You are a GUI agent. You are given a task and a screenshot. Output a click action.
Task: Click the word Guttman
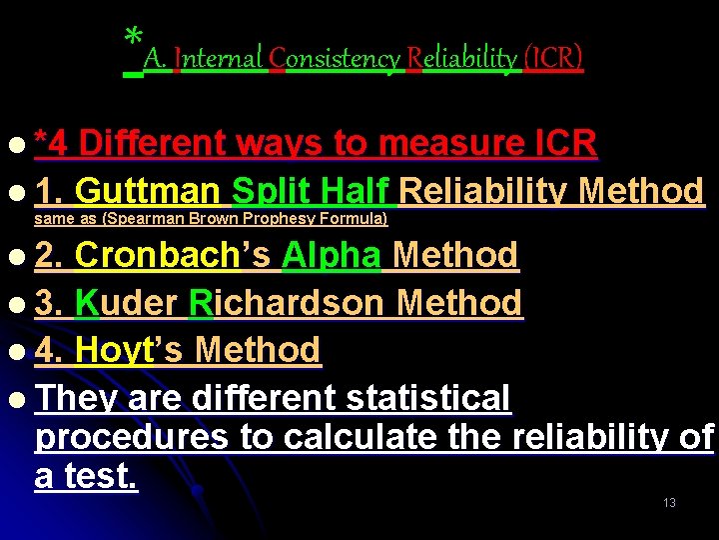tap(149, 191)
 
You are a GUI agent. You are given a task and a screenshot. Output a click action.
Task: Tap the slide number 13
tap(669, 502)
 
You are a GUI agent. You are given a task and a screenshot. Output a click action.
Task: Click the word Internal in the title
tap(218, 59)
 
